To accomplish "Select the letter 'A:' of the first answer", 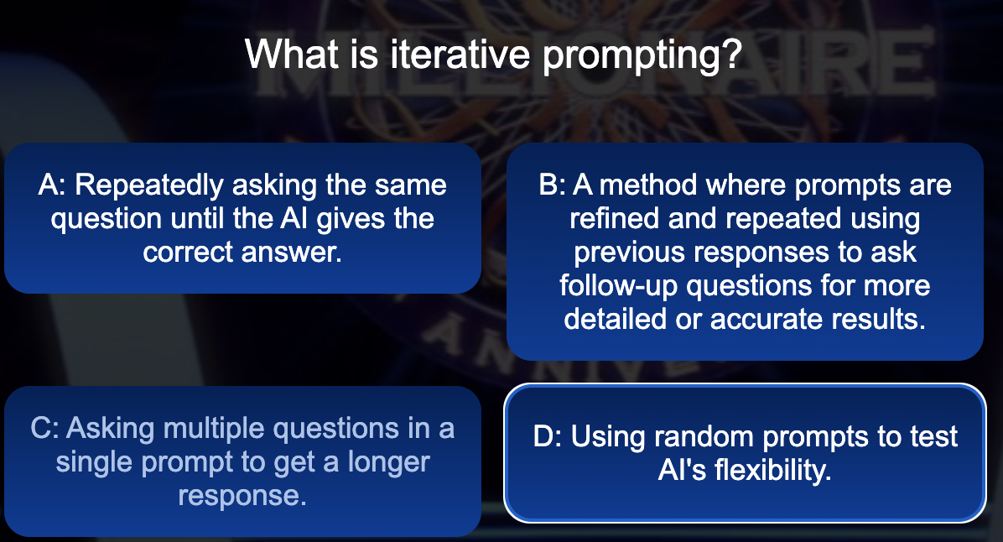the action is (x=52, y=185).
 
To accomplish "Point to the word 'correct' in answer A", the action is (x=188, y=253).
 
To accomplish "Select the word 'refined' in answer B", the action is (x=615, y=218).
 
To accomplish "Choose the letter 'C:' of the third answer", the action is (x=44, y=429).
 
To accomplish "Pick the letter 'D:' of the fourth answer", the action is (x=548, y=437).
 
